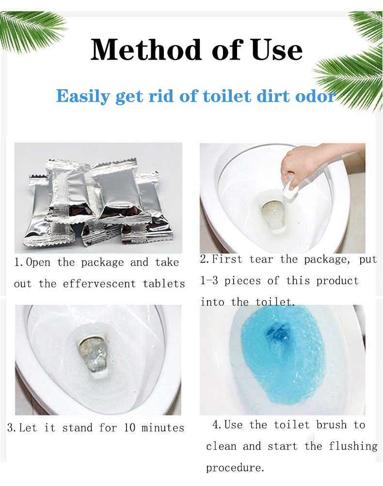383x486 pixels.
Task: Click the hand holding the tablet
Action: [x=303, y=164]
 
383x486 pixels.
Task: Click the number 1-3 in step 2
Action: [x=210, y=281]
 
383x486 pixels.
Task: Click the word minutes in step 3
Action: [x=163, y=428]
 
